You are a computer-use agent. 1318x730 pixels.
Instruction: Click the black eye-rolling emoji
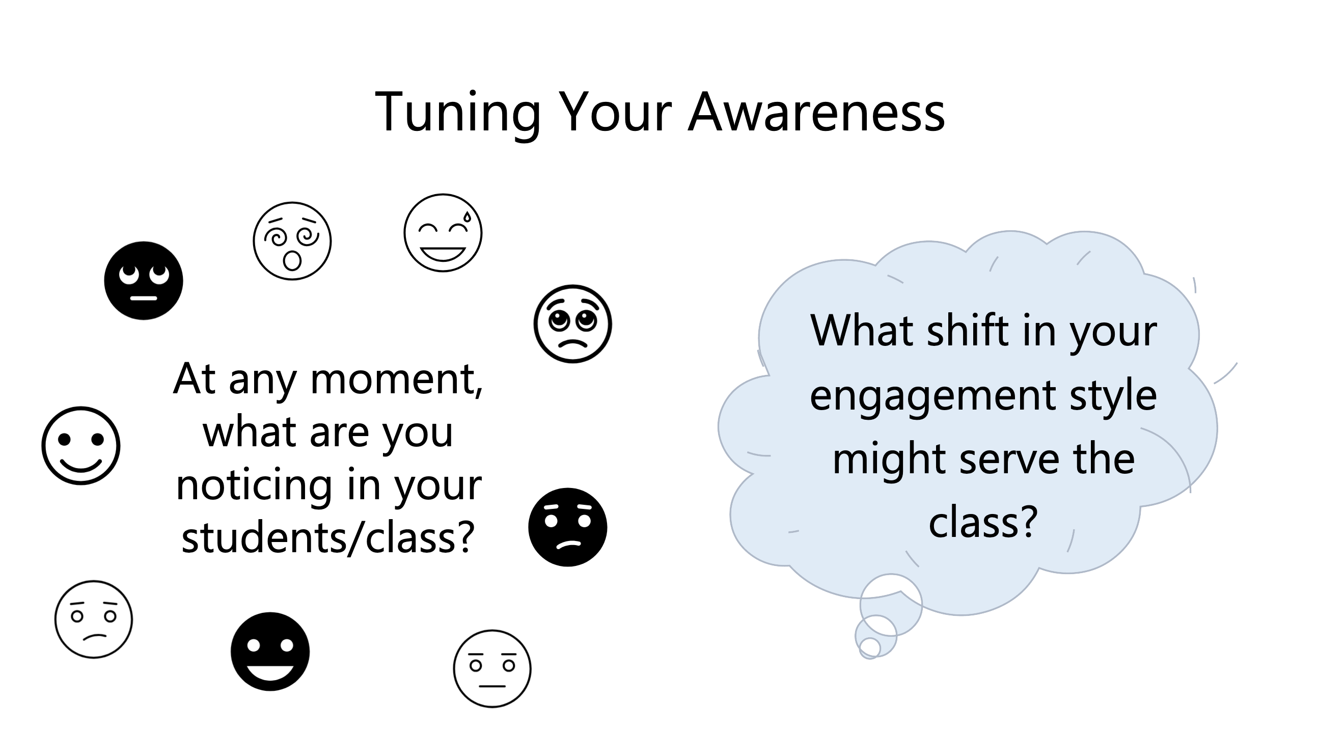pyautogui.click(x=143, y=281)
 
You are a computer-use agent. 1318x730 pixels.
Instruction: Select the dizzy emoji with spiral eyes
pyautogui.click(x=292, y=240)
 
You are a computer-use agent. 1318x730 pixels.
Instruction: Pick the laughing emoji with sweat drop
pyautogui.click(x=443, y=232)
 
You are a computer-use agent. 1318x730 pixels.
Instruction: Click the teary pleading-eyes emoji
pyautogui.click(x=572, y=324)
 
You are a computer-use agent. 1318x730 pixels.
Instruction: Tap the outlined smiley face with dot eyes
pyautogui.click(x=81, y=445)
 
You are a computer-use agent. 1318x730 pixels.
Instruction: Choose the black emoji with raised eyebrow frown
pyautogui.click(x=567, y=527)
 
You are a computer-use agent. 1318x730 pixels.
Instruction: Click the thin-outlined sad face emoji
pyautogui.click(x=94, y=619)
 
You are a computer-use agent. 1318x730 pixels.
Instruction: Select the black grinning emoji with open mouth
pyautogui.click(x=270, y=651)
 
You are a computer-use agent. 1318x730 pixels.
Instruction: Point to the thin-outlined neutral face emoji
pyautogui.click(x=492, y=668)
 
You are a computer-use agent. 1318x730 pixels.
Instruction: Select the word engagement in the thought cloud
pyautogui.click(x=932, y=396)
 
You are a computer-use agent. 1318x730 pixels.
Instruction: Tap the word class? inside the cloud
pyautogui.click(x=982, y=523)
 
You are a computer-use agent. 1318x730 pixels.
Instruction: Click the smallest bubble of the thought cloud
pyautogui.click(x=869, y=647)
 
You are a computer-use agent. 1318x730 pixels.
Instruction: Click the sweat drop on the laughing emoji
pyautogui.click(x=466, y=217)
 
